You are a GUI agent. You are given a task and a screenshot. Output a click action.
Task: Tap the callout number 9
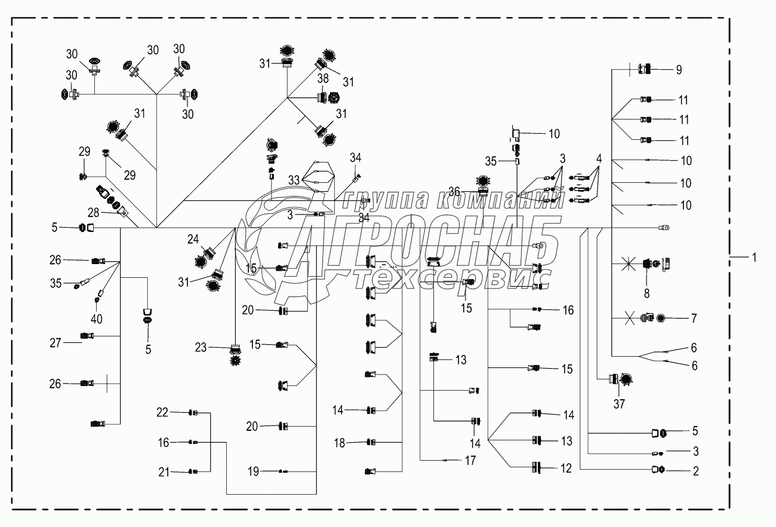tap(678, 70)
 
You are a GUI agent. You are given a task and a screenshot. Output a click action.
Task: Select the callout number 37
tap(619, 405)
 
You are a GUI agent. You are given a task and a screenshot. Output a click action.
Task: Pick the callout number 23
tap(201, 346)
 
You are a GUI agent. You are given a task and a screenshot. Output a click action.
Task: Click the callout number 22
tap(162, 412)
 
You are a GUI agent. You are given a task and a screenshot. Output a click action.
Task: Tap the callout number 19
tap(254, 471)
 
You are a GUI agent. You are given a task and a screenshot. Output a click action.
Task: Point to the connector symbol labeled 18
tap(371, 442)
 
